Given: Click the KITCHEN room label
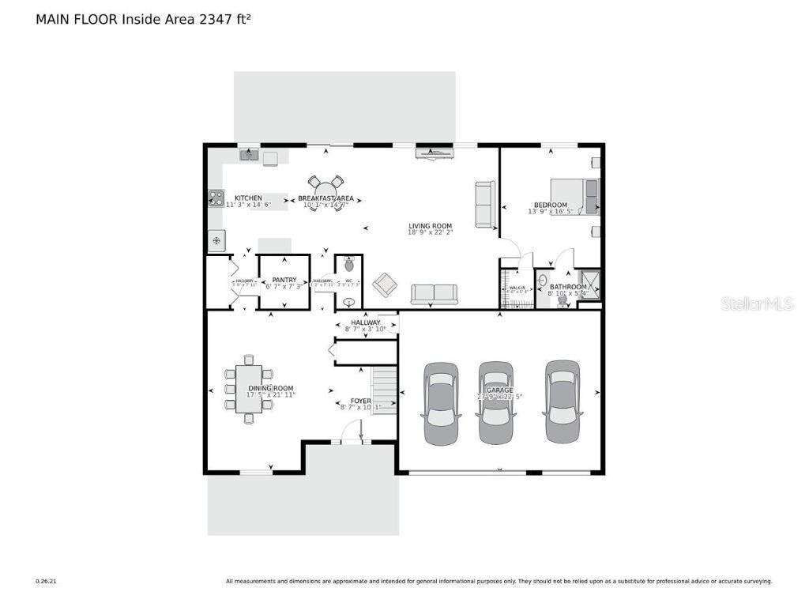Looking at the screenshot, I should click(x=248, y=198).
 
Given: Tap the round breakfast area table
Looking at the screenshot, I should click(x=325, y=193).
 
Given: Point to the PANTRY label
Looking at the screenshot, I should click(x=284, y=280).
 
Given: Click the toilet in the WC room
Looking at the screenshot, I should click(x=349, y=266).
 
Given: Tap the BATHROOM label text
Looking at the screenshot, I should click(x=568, y=287).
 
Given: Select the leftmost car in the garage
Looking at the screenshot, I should click(x=442, y=403).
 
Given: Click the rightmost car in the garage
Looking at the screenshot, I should click(x=563, y=401).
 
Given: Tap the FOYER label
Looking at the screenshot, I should click(x=360, y=401).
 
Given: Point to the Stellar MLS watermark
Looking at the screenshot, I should click(x=757, y=304).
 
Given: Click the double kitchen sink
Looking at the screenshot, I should click(x=250, y=155).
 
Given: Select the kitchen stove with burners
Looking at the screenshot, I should click(x=216, y=198).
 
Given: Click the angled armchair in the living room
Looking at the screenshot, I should click(x=385, y=285).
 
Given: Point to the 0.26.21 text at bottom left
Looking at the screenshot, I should click(x=46, y=582).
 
